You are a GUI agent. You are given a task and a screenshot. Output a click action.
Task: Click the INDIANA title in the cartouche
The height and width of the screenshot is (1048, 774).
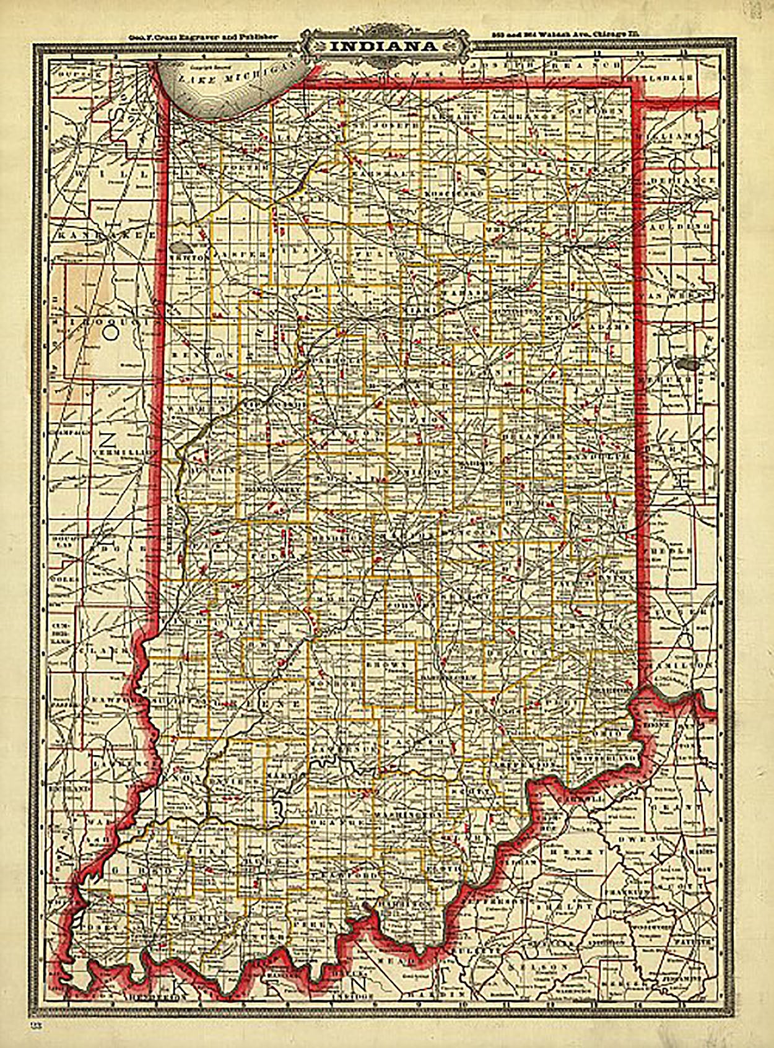pos(384,47)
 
